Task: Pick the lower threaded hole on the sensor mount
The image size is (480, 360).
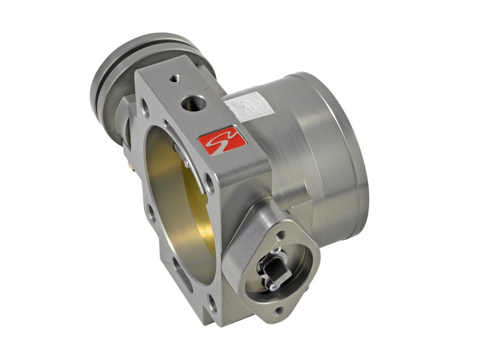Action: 278,310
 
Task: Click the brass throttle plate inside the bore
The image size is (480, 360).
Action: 180,198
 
